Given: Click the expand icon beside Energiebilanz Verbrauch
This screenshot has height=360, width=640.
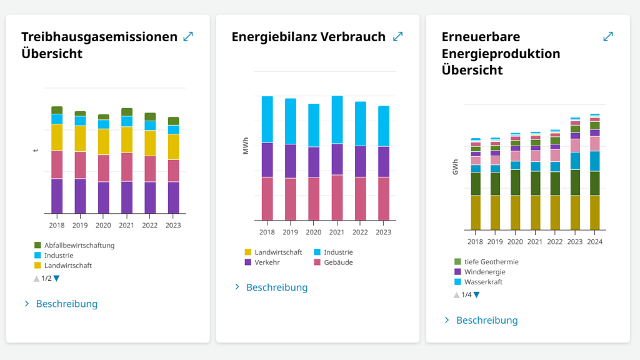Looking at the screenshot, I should [x=397, y=37].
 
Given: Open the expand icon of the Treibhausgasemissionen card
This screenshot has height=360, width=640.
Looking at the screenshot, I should [x=188, y=37].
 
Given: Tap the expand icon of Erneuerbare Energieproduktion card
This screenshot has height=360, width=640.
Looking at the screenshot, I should [x=608, y=37].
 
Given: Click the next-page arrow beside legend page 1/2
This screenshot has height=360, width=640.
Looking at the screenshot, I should [x=57, y=279].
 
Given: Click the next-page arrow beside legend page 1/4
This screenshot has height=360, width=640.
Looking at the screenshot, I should [x=477, y=295].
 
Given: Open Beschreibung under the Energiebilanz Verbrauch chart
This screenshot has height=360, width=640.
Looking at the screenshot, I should [x=277, y=287].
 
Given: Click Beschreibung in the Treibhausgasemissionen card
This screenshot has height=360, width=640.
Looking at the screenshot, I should [x=67, y=304].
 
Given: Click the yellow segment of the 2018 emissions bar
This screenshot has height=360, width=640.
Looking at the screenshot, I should [x=57, y=137].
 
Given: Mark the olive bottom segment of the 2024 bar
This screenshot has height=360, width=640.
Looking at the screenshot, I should [x=595, y=212].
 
